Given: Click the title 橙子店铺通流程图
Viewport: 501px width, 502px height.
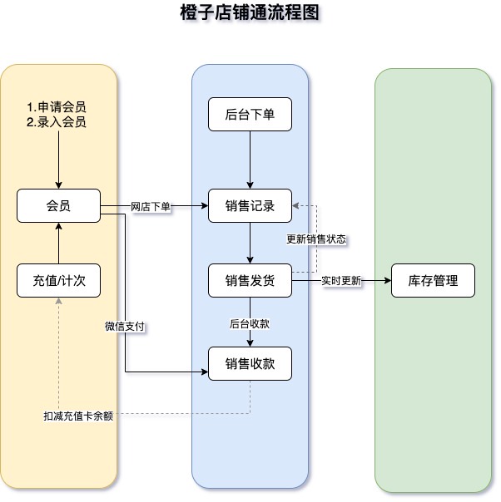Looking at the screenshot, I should pyautogui.click(x=250, y=13).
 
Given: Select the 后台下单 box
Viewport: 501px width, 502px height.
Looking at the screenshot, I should pyautogui.click(x=250, y=115).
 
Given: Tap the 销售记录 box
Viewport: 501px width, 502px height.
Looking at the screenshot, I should pyautogui.click(x=250, y=206).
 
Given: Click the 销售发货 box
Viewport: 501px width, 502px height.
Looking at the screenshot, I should pyautogui.click(x=250, y=281).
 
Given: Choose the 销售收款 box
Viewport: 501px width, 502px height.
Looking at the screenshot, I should pyautogui.click(x=250, y=363).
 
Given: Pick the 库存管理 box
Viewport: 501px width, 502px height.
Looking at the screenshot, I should pyautogui.click(x=433, y=281).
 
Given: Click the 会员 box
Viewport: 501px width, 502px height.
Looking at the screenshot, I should pyautogui.click(x=58, y=206).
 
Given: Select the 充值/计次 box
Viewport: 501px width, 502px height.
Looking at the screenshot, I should pyautogui.click(x=58, y=281).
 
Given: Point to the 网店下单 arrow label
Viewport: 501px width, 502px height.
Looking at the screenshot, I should pyautogui.click(x=151, y=206).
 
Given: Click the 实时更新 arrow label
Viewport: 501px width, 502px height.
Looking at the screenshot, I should pyautogui.click(x=341, y=281).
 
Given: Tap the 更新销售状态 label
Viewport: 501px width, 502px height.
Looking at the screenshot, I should pyautogui.click(x=316, y=239).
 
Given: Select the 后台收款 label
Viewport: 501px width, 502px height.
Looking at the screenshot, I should pyautogui.click(x=250, y=323).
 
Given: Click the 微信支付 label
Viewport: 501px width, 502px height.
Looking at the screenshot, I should pyautogui.click(x=126, y=327).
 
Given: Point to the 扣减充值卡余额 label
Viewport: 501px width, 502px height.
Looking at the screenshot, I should pyautogui.click(x=78, y=415).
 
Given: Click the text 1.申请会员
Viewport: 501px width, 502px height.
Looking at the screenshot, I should pyautogui.click(x=56, y=108).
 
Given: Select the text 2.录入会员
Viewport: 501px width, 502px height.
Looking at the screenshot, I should pyautogui.click(x=56, y=121).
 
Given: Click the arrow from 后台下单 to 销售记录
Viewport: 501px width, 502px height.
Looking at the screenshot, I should pyautogui.click(x=250, y=160).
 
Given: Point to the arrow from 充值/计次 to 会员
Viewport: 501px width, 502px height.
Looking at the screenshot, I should pyautogui.click(x=58, y=243).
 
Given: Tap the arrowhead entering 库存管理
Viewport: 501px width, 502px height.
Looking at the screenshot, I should pyautogui.click(x=386, y=281).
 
